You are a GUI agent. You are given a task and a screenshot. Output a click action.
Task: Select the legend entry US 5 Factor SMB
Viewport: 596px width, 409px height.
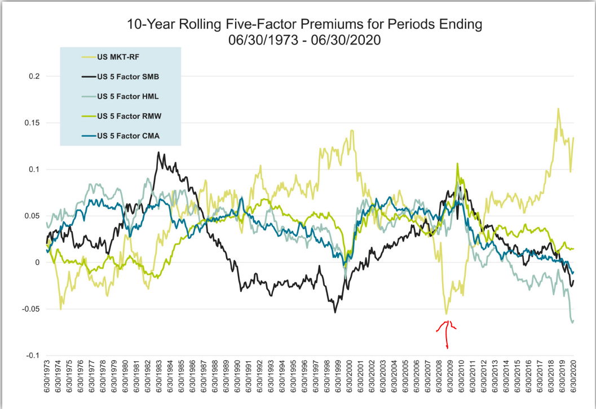[129, 76]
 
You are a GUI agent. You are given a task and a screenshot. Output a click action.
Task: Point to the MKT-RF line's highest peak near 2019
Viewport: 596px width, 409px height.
[558, 109]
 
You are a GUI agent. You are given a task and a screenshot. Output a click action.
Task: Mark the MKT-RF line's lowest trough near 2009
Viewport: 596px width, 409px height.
[446, 314]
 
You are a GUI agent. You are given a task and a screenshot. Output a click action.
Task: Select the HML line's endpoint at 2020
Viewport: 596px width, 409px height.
[573, 322]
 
